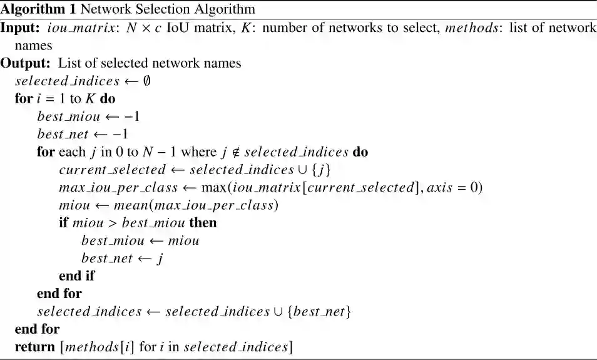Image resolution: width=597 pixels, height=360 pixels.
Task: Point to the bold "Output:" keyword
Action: pos(26,63)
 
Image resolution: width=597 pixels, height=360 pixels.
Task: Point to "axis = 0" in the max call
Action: pos(449,188)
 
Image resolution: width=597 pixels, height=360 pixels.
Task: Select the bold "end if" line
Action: pos(77,276)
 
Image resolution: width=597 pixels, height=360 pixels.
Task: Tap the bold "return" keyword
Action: pos(34,347)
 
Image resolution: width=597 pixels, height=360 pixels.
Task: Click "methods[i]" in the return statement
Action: pos(97,347)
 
